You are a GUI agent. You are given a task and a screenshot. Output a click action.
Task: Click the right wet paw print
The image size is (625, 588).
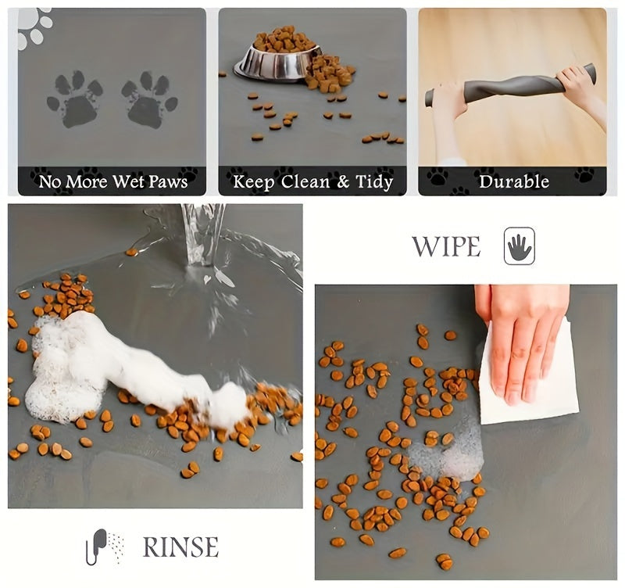coord(149,99)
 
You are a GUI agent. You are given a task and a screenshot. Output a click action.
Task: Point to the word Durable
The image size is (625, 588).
coord(513,182)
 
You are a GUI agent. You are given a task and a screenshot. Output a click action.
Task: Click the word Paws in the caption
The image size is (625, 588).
coord(167,182)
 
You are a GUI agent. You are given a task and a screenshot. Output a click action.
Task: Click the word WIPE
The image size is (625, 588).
coord(446,246)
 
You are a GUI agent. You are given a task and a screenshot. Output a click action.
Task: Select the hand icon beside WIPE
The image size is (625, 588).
coord(520,246)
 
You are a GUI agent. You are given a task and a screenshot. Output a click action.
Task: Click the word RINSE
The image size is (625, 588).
coord(180,547)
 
